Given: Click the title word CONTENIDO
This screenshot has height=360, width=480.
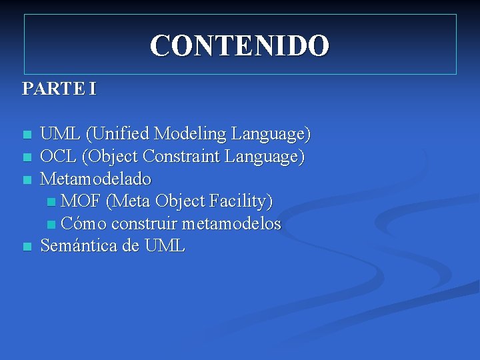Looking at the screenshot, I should tap(239, 46).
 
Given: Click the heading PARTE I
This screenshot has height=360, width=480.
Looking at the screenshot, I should tap(59, 89).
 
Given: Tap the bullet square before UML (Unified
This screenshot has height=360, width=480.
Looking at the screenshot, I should tap(27, 135).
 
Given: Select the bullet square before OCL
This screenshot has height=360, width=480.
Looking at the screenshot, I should tap(27, 157).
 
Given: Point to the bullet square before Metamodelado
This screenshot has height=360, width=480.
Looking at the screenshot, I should tap(27, 180).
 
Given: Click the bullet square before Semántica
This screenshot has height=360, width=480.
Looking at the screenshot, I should tap(27, 247).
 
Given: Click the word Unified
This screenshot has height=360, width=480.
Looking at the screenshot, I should tap(119, 134).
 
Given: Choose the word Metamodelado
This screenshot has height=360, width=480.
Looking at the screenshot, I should tap(96, 179).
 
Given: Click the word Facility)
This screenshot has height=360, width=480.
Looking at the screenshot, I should tap(240, 201).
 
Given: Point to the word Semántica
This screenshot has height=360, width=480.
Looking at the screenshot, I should tap(79, 246).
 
